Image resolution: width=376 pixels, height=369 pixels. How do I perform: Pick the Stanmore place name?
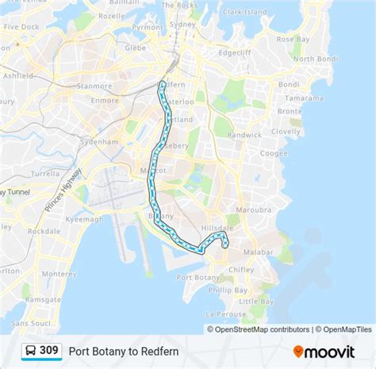click(95, 85)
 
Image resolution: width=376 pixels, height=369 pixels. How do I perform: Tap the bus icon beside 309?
click(29, 350)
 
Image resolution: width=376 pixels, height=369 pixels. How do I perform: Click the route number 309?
click(49, 350)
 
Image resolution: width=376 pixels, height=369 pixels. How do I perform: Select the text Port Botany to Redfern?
click(124, 350)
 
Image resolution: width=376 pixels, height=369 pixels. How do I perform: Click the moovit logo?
click(324, 350)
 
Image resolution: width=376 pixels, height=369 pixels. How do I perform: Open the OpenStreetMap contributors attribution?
click(259, 329)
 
